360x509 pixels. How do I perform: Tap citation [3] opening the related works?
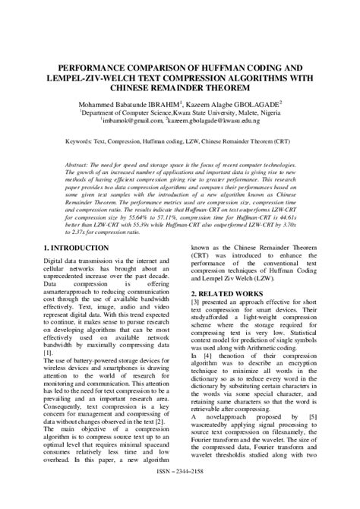(195, 304)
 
